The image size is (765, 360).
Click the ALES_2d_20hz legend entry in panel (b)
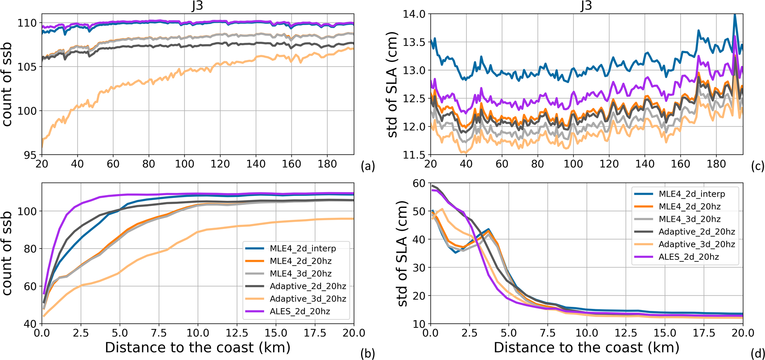[300, 311]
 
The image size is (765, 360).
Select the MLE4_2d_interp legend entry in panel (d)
[692, 194]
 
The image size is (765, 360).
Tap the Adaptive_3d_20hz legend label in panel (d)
[697, 244]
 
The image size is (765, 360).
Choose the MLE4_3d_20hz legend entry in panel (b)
[300, 273]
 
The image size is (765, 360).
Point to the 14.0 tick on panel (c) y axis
[414, 14]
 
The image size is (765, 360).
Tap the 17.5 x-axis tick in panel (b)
[315, 333]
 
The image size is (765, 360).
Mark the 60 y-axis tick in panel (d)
[419, 184]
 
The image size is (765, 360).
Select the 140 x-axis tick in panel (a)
[256, 164]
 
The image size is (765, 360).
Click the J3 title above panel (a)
[198, 6]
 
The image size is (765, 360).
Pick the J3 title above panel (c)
[586, 6]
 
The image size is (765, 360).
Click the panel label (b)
[367, 353]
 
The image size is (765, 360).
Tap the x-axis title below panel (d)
[586, 348]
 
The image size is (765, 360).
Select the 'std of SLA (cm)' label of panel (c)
[392, 85]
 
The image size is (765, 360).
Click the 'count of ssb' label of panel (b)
[7, 253]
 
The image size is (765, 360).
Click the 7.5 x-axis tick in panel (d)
[548, 333]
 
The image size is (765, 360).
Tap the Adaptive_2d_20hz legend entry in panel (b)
[308, 286]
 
